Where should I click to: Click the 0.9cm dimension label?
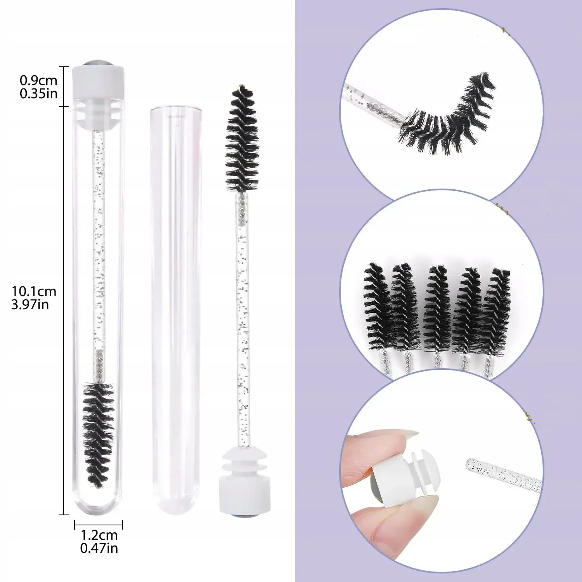coord(38,80)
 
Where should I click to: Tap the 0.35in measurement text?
coord(38,94)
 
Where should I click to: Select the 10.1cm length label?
coord(34,291)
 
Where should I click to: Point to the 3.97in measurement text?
coord(30,304)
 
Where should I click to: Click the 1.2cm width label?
coord(99,535)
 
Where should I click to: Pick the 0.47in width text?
coord(99,548)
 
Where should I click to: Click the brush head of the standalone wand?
coord(242,140)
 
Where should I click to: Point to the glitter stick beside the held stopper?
coord(502,473)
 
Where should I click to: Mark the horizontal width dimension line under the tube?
coord(99,525)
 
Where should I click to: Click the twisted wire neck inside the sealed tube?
coord(99,365)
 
